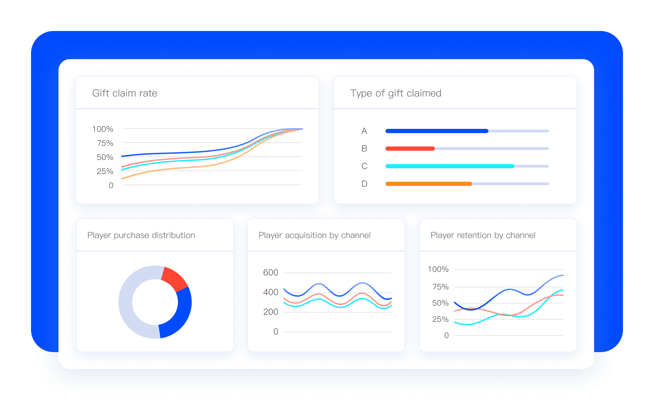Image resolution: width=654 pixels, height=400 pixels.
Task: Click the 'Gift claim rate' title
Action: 125,93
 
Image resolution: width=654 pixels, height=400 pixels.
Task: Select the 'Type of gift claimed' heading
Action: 395,93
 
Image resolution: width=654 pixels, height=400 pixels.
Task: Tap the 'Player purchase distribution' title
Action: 141,235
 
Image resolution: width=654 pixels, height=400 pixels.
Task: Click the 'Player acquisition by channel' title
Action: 314,235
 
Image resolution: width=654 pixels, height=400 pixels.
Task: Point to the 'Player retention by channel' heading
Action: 483,235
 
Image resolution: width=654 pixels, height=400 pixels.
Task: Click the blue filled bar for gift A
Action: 437,131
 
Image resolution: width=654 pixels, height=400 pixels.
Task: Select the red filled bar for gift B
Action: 410,149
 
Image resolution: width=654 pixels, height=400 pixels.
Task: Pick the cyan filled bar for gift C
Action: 450,166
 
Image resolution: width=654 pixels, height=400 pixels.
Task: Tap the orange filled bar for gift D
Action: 428,184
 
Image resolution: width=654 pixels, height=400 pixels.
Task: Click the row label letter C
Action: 364,166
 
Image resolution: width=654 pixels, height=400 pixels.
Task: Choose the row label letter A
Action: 364,131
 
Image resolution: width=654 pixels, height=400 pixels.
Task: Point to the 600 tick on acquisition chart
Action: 271,273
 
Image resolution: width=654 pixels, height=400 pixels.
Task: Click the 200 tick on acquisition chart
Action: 271,312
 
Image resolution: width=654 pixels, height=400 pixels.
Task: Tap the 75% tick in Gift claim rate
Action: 105,143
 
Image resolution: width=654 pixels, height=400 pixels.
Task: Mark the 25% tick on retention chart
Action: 440,319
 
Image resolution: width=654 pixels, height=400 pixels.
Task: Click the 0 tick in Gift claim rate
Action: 111,186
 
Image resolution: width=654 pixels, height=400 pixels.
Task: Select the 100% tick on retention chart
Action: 438,269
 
